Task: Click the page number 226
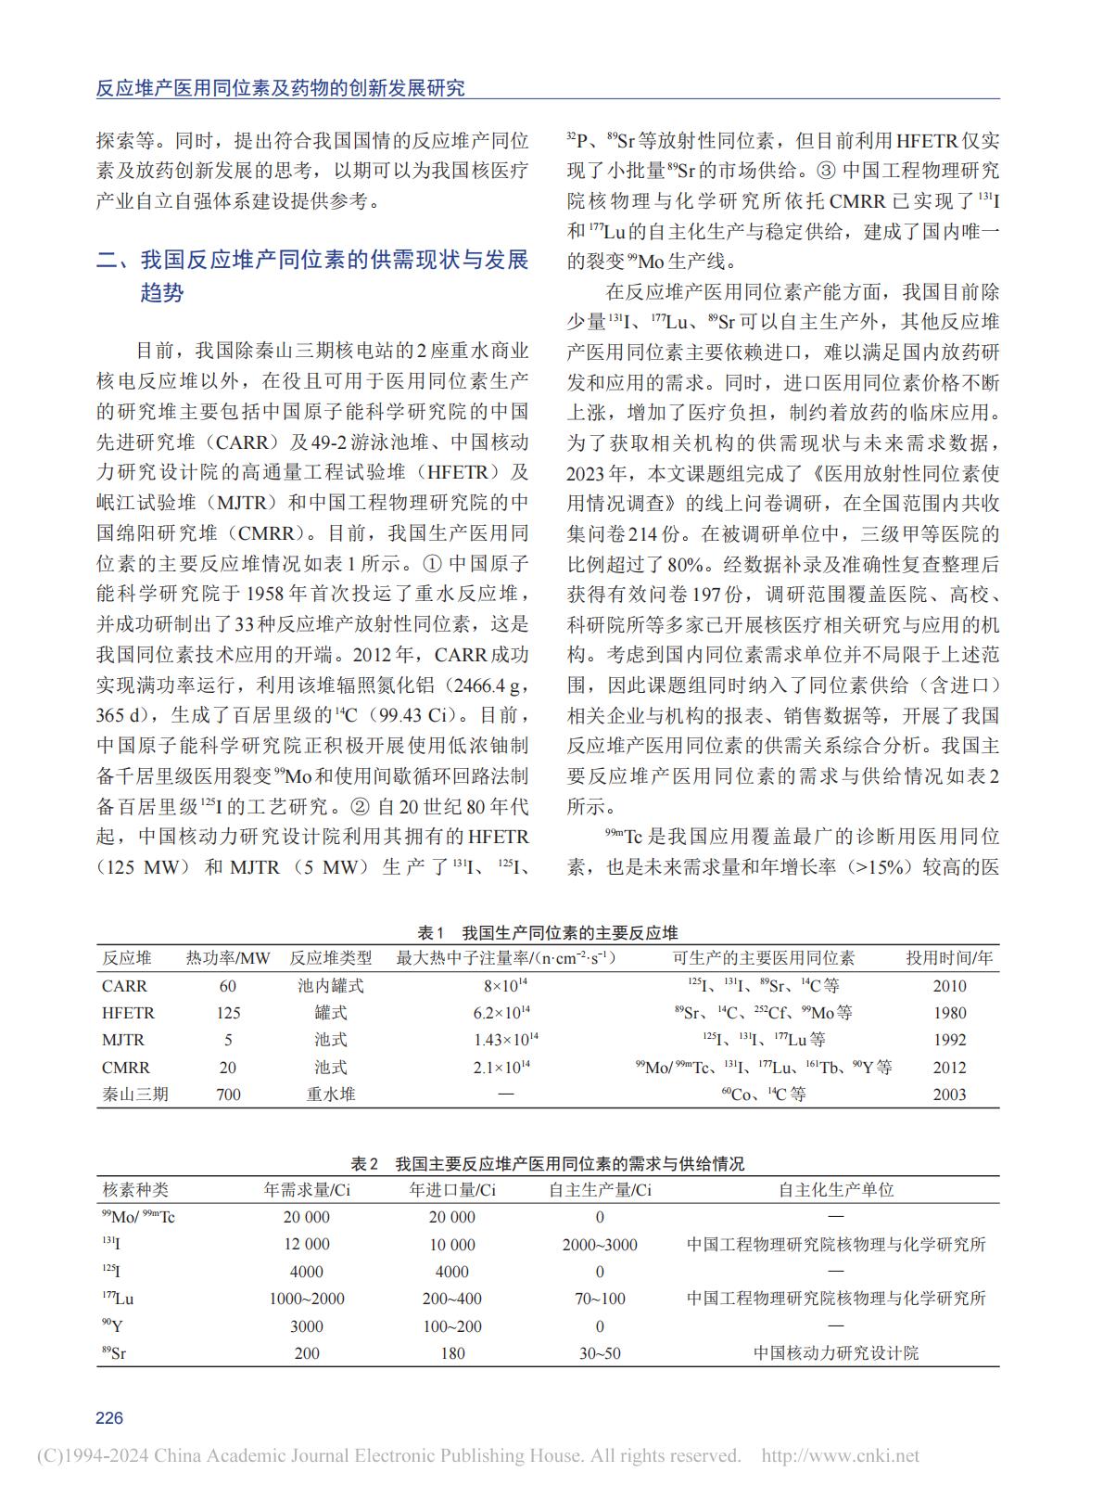tap(109, 1417)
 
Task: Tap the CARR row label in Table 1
tap(124, 986)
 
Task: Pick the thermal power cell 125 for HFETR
tap(228, 1013)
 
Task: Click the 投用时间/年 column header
tap(949, 958)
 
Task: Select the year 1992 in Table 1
tap(949, 1040)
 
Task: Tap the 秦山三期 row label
tap(135, 1095)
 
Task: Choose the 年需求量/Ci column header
tap(307, 1190)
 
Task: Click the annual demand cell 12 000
tap(307, 1245)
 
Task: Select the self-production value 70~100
tap(600, 1299)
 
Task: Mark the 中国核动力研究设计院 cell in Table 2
tap(836, 1353)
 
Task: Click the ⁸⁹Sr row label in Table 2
tap(114, 1353)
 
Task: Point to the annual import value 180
tap(452, 1353)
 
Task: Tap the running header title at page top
tap(281, 88)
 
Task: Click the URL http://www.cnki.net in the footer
tap(840, 1456)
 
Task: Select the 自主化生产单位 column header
tap(836, 1190)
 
